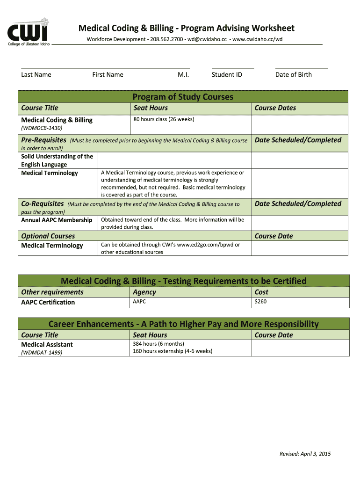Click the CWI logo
point(28,31)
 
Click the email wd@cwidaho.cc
point(208,39)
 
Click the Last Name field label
point(36,74)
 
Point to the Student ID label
point(227,74)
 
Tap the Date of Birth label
point(293,74)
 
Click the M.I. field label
point(183,74)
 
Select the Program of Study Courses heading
point(183,97)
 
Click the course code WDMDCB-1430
point(42,128)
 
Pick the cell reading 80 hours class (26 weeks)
point(164,119)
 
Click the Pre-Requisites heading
point(43,140)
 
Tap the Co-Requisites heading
point(42,203)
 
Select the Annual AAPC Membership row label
point(57,220)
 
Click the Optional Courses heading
point(48,236)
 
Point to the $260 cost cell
point(260,302)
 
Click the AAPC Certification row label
point(48,302)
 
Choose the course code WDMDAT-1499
point(42,353)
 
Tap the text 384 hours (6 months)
point(159,344)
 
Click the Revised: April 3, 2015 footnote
point(305,454)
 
